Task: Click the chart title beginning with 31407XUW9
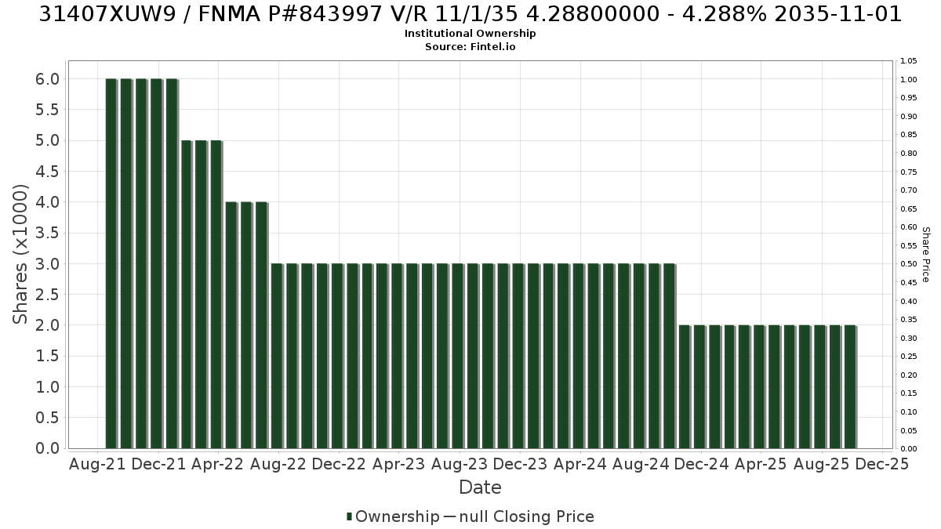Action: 470,14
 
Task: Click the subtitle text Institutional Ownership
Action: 470,34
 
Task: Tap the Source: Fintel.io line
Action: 470,46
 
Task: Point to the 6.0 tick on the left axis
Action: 48,79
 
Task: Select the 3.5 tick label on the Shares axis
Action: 48,233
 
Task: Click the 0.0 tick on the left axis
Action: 48,448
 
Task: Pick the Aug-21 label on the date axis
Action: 97,464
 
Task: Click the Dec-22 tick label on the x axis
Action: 339,464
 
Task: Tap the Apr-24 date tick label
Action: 580,464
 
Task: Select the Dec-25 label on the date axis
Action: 882,464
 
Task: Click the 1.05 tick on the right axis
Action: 908,61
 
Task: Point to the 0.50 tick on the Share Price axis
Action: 908,264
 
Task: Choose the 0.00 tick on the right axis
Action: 908,449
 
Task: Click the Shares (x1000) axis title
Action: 20,255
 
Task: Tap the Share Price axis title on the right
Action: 926,255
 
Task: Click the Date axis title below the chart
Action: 480,487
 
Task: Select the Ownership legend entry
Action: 393,516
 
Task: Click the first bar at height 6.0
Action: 111,263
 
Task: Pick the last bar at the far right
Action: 851,386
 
